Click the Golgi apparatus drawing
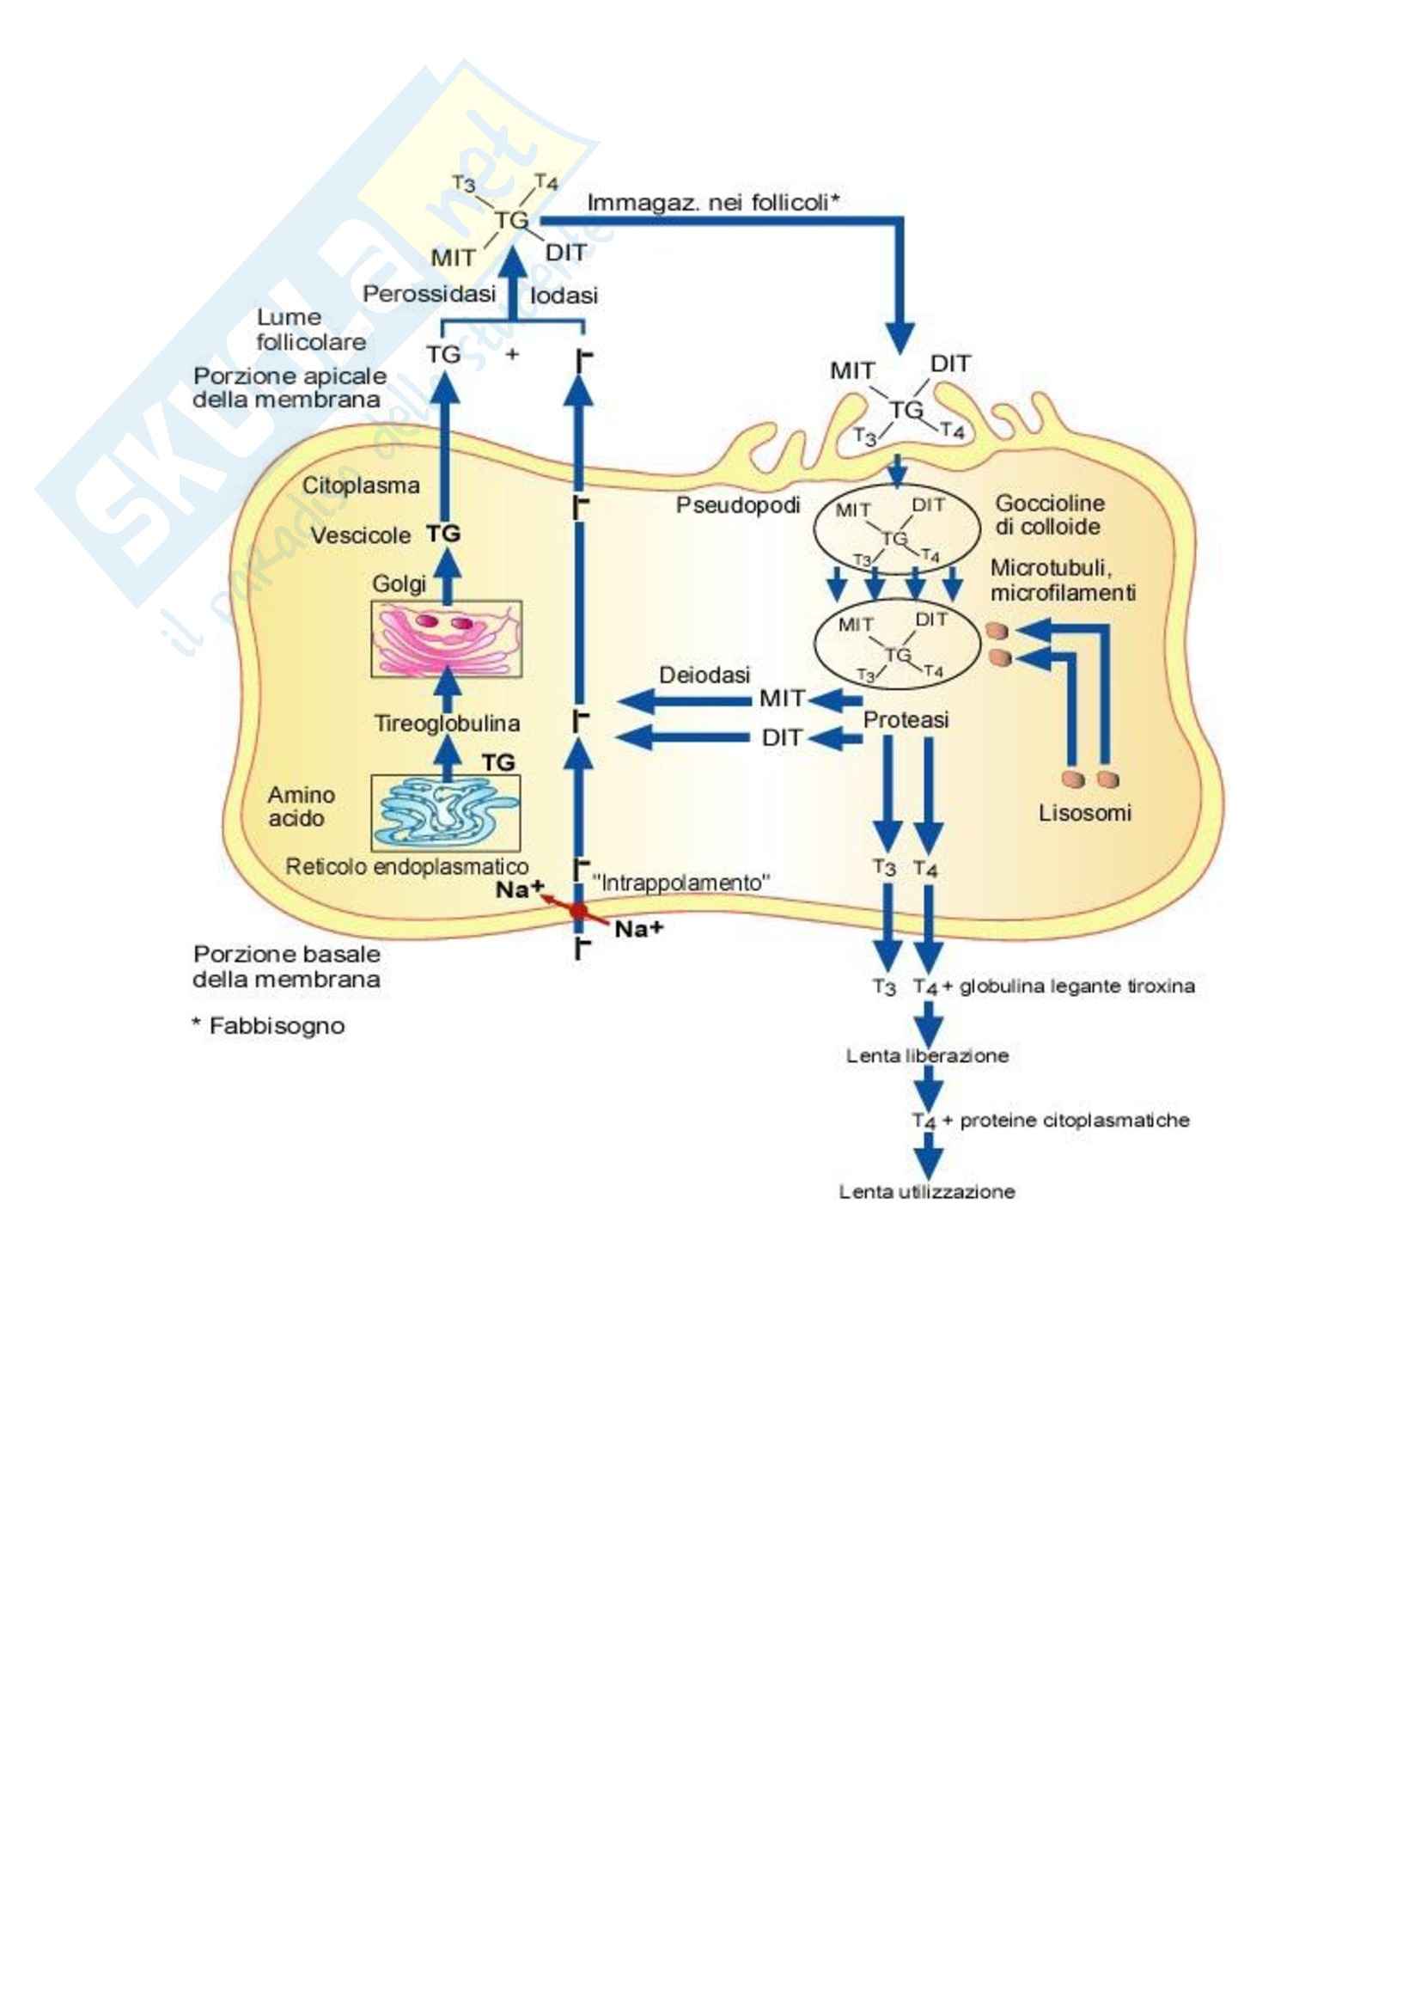click(x=446, y=638)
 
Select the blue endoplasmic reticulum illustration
click(x=445, y=812)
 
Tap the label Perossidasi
click(x=429, y=294)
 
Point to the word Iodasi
click(x=564, y=296)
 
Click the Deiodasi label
click(x=704, y=675)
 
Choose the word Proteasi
click(x=906, y=719)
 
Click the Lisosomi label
click(x=1085, y=812)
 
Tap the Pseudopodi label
click(x=738, y=505)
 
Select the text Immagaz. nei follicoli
click(x=712, y=203)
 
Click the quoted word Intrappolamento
click(x=681, y=883)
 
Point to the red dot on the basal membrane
click(x=578, y=910)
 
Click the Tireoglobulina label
click(x=447, y=723)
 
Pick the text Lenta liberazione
click(x=927, y=1056)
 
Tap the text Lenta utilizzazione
click(x=927, y=1191)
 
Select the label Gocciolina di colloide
click(x=1049, y=515)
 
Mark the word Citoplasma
click(x=361, y=485)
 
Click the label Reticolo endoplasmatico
click(x=407, y=867)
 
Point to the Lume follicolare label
click(x=310, y=329)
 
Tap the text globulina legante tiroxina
click(x=1076, y=987)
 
